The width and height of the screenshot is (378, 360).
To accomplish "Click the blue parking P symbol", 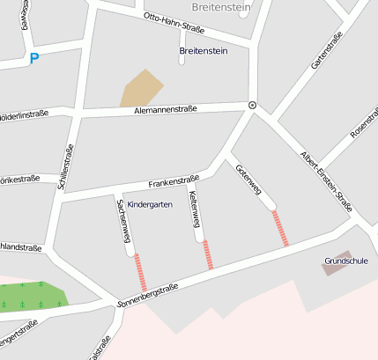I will tap(34, 59).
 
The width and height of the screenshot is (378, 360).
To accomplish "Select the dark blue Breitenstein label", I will tap(204, 51).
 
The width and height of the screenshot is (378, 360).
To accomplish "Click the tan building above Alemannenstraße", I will tap(142, 87).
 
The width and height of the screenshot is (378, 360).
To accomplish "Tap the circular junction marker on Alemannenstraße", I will tap(253, 105).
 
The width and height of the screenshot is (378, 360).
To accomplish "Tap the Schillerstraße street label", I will tap(65, 168).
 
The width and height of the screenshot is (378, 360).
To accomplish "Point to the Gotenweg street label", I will tap(248, 180).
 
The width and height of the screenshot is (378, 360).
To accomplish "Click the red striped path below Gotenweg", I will tap(280, 228).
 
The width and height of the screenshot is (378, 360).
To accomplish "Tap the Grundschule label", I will tap(345, 261).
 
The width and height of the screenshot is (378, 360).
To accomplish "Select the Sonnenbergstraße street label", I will tap(148, 296).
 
